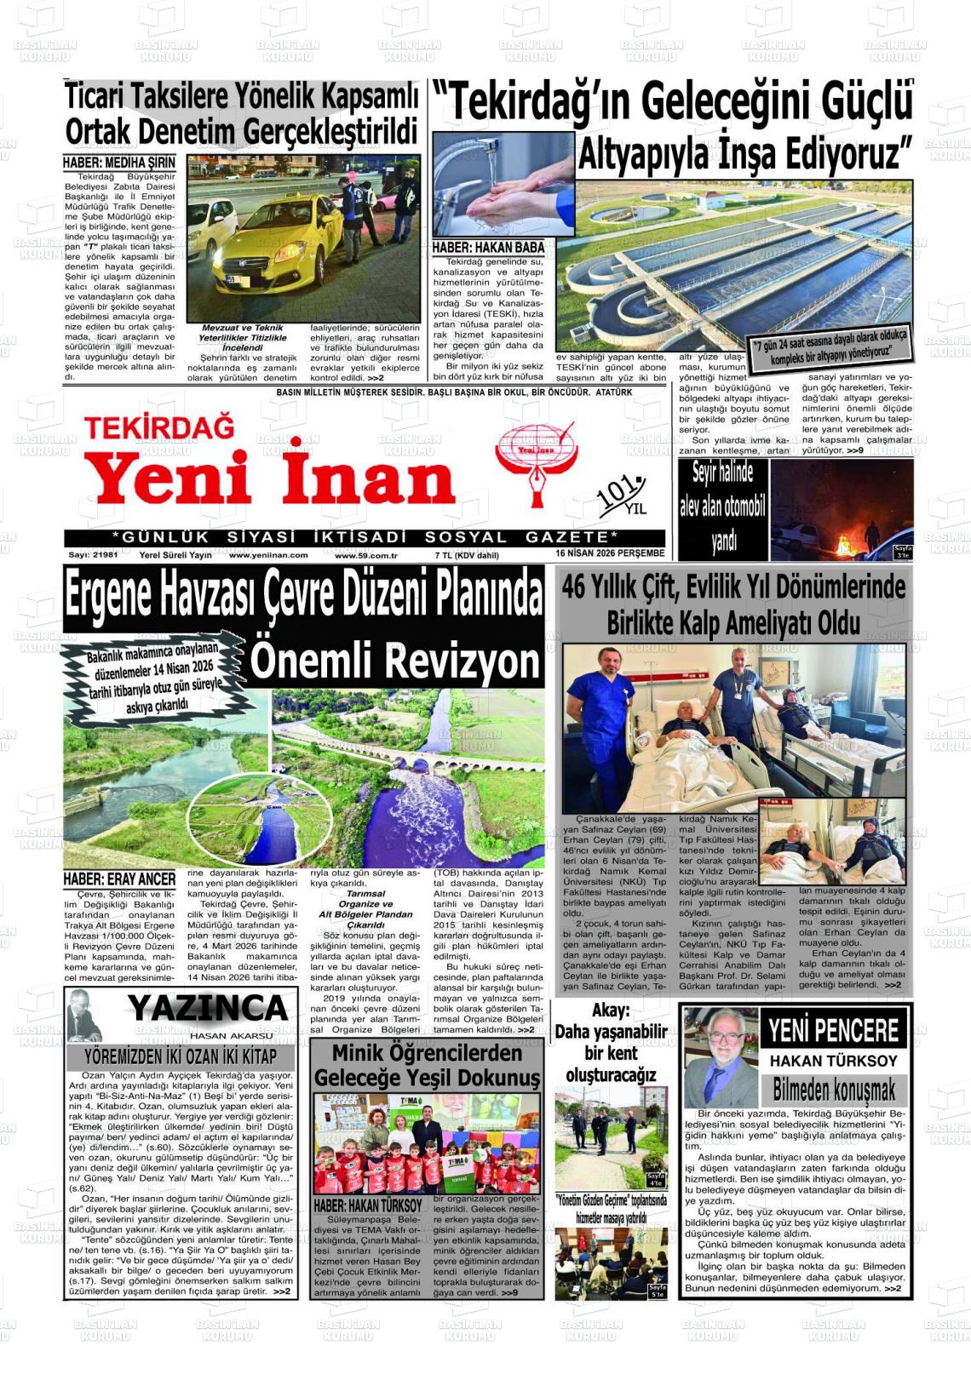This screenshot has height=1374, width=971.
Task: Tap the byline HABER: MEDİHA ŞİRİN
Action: click(119, 163)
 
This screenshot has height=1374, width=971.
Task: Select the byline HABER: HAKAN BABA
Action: click(487, 248)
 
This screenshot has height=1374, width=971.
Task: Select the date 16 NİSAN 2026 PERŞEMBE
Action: click(609, 553)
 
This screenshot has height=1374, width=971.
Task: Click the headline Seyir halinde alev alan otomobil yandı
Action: click(722, 507)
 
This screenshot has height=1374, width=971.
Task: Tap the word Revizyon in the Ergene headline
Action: click(395, 661)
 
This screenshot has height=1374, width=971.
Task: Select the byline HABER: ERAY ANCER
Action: click(119, 879)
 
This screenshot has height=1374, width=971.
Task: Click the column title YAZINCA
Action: click(208, 1009)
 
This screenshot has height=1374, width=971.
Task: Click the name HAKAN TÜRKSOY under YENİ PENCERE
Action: click(833, 1061)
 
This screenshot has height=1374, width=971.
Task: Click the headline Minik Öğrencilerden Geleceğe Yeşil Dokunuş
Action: click(427, 1065)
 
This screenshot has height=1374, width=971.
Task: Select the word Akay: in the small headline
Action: click(611, 1010)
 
